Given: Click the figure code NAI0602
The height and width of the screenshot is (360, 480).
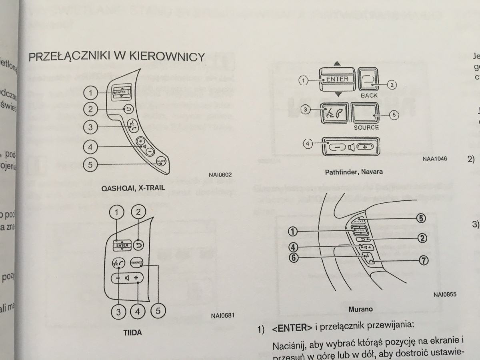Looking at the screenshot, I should (220, 174).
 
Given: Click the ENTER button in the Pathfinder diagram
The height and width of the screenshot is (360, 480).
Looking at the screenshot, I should (337, 79).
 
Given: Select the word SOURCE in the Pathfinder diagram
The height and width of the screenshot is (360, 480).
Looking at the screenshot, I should (366, 128).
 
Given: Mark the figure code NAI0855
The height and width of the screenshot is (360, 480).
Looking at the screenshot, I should (444, 294).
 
